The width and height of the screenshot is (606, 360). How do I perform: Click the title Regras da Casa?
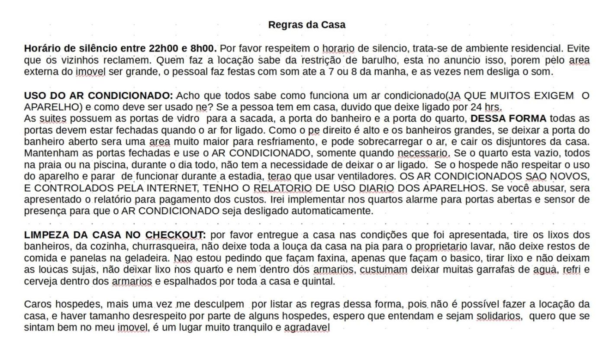coord(306,25)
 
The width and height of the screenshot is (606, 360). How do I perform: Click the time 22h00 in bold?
coord(163,48)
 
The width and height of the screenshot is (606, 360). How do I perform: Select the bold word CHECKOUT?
coord(175,235)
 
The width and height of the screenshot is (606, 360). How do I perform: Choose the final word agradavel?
coord(306,328)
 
